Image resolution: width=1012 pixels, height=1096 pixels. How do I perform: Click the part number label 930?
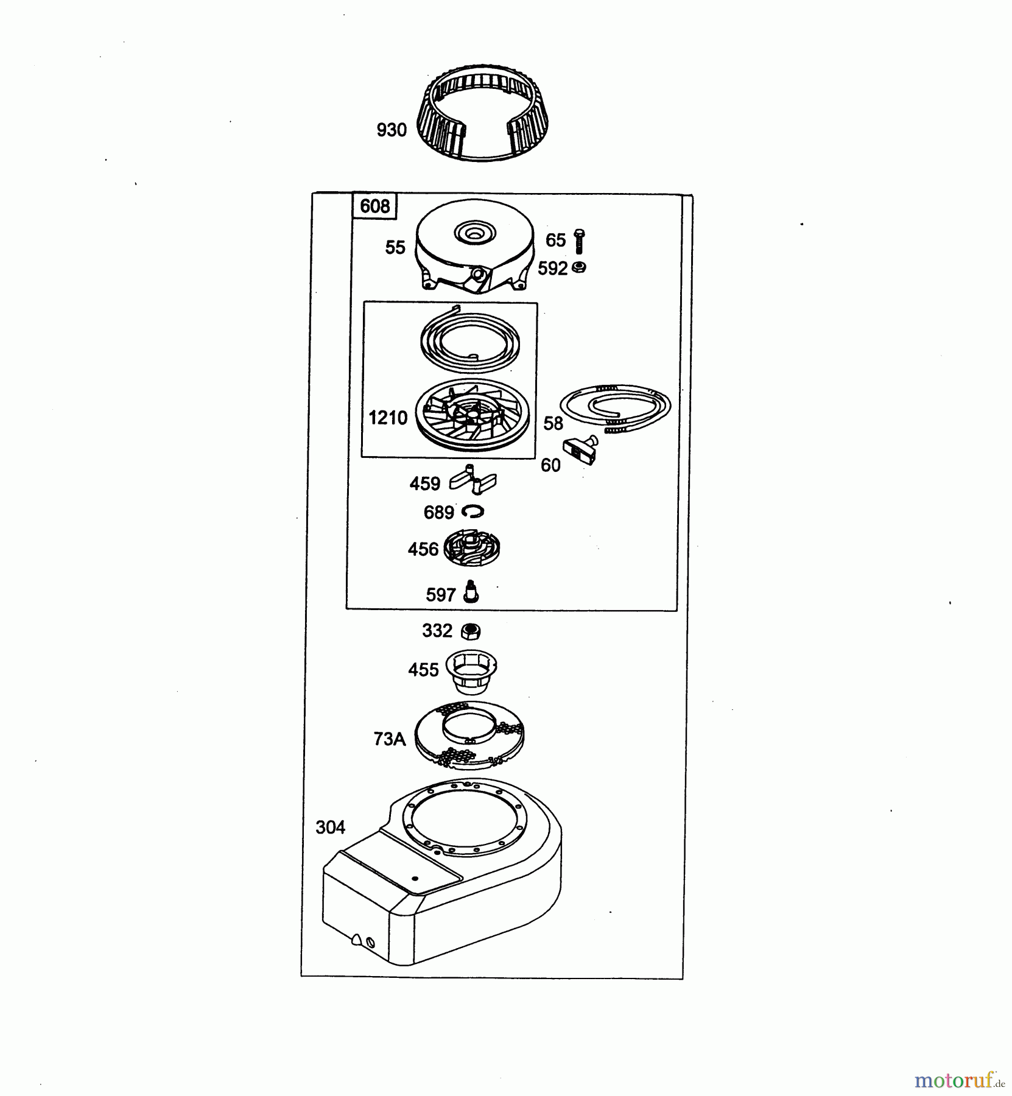tap(392, 130)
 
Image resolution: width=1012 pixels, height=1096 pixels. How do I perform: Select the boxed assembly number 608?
tap(374, 206)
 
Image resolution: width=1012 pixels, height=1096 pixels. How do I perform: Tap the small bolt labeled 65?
tap(579, 241)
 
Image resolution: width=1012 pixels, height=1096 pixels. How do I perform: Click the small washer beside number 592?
tap(580, 267)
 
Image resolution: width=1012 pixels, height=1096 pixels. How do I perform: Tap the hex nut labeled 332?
tap(470, 631)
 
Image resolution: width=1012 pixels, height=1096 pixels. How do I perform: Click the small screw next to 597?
tap(471, 591)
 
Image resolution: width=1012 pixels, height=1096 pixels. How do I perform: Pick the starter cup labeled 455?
tap(471, 671)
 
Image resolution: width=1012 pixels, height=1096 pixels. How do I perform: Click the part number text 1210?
tap(388, 418)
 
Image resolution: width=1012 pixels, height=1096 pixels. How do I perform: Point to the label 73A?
tap(389, 739)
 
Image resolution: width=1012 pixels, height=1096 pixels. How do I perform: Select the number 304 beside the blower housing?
tap(330, 827)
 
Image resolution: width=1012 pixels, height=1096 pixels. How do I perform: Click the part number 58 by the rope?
tap(553, 423)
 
